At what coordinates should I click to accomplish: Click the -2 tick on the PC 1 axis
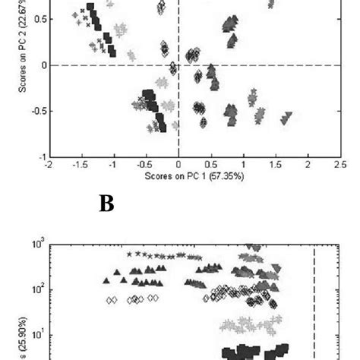click(x=49, y=164)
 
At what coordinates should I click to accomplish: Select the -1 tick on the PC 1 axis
click(x=113, y=164)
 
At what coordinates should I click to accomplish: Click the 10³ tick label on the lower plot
click(x=39, y=245)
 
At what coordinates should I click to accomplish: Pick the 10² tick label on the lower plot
click(x=39, y=289)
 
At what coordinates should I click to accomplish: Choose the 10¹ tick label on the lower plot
click(x=39, y=334)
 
